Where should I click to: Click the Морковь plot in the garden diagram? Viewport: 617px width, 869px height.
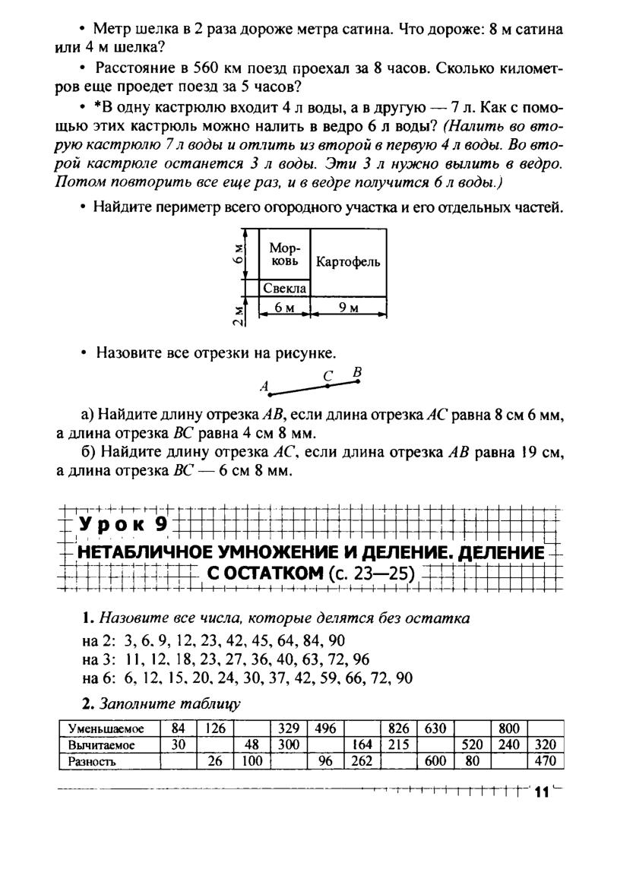(x=285, y=255)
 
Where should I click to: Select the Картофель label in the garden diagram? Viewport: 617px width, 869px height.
(x=349, y=262)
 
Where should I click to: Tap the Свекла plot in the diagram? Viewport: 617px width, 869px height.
(x=285, y=289)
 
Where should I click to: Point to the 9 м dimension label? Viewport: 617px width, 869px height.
(x=349, y=308)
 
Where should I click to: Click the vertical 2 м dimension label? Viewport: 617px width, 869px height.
(x=239, y=314)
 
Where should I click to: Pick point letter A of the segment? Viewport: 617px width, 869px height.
(x=264, y=387)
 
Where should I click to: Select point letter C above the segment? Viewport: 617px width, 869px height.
(x=327, y=375)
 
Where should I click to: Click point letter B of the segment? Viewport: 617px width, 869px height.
(x=356, y=372)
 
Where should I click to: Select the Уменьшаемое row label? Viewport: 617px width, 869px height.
(x=103, y=728)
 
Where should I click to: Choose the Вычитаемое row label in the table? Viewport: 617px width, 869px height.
(x=102, y=745)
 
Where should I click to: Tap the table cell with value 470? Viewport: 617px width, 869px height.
(x=546, y=761)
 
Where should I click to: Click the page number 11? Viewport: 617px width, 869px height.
(x=541, y=793)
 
